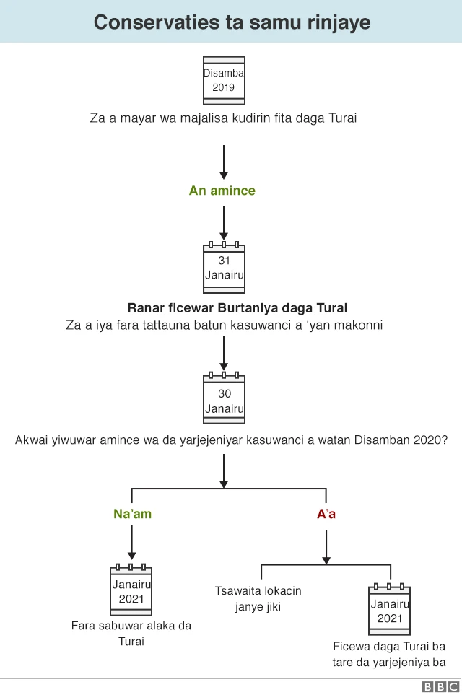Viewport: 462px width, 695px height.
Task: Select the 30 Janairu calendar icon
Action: (x=224, y=400)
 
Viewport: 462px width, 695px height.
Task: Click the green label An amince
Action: (x=222, y=191)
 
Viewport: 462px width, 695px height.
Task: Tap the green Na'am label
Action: (x=132, y=515)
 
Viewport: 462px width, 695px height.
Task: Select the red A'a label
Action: (x=326, y=515)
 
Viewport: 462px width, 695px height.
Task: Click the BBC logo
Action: (x=440, y=687)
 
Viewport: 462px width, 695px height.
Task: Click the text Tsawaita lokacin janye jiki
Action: (x=258, y=598)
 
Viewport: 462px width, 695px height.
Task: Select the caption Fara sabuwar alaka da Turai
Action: (x=131, y=633)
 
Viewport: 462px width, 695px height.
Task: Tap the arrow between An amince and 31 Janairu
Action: (x=224, y=222)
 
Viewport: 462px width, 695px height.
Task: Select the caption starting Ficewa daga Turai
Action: (x=390, y=654)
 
